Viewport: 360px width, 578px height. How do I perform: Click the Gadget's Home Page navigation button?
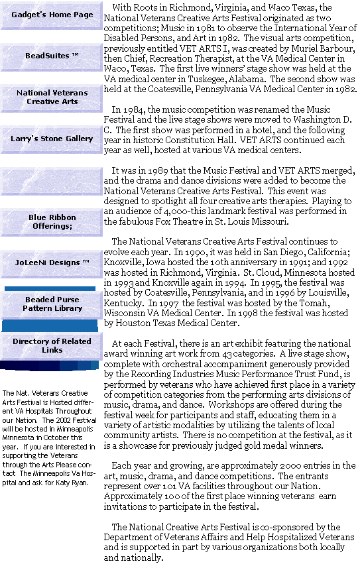coord(52,15)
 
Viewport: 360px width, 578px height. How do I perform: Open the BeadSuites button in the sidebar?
coord(52,56)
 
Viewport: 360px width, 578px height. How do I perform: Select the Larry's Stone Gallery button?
coord(52,139)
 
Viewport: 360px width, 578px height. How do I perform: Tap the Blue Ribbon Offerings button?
coord(52,222)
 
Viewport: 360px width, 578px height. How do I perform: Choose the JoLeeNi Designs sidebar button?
coord(52,263)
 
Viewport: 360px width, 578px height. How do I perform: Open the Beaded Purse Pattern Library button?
coord(52,304)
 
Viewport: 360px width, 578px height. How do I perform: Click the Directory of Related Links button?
coord(52,346)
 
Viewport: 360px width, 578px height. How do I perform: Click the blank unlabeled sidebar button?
coord(52,180)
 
